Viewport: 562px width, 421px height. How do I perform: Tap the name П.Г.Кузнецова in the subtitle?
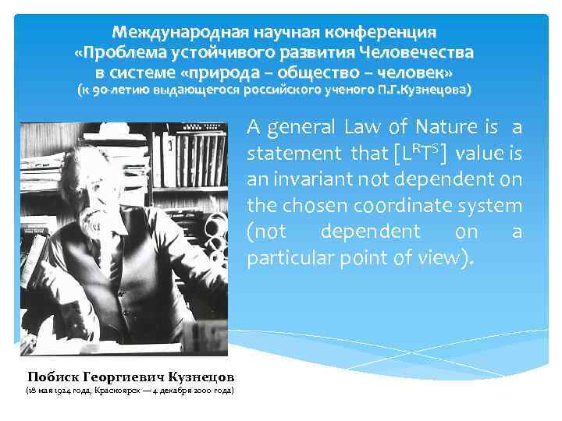pos(429,90)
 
